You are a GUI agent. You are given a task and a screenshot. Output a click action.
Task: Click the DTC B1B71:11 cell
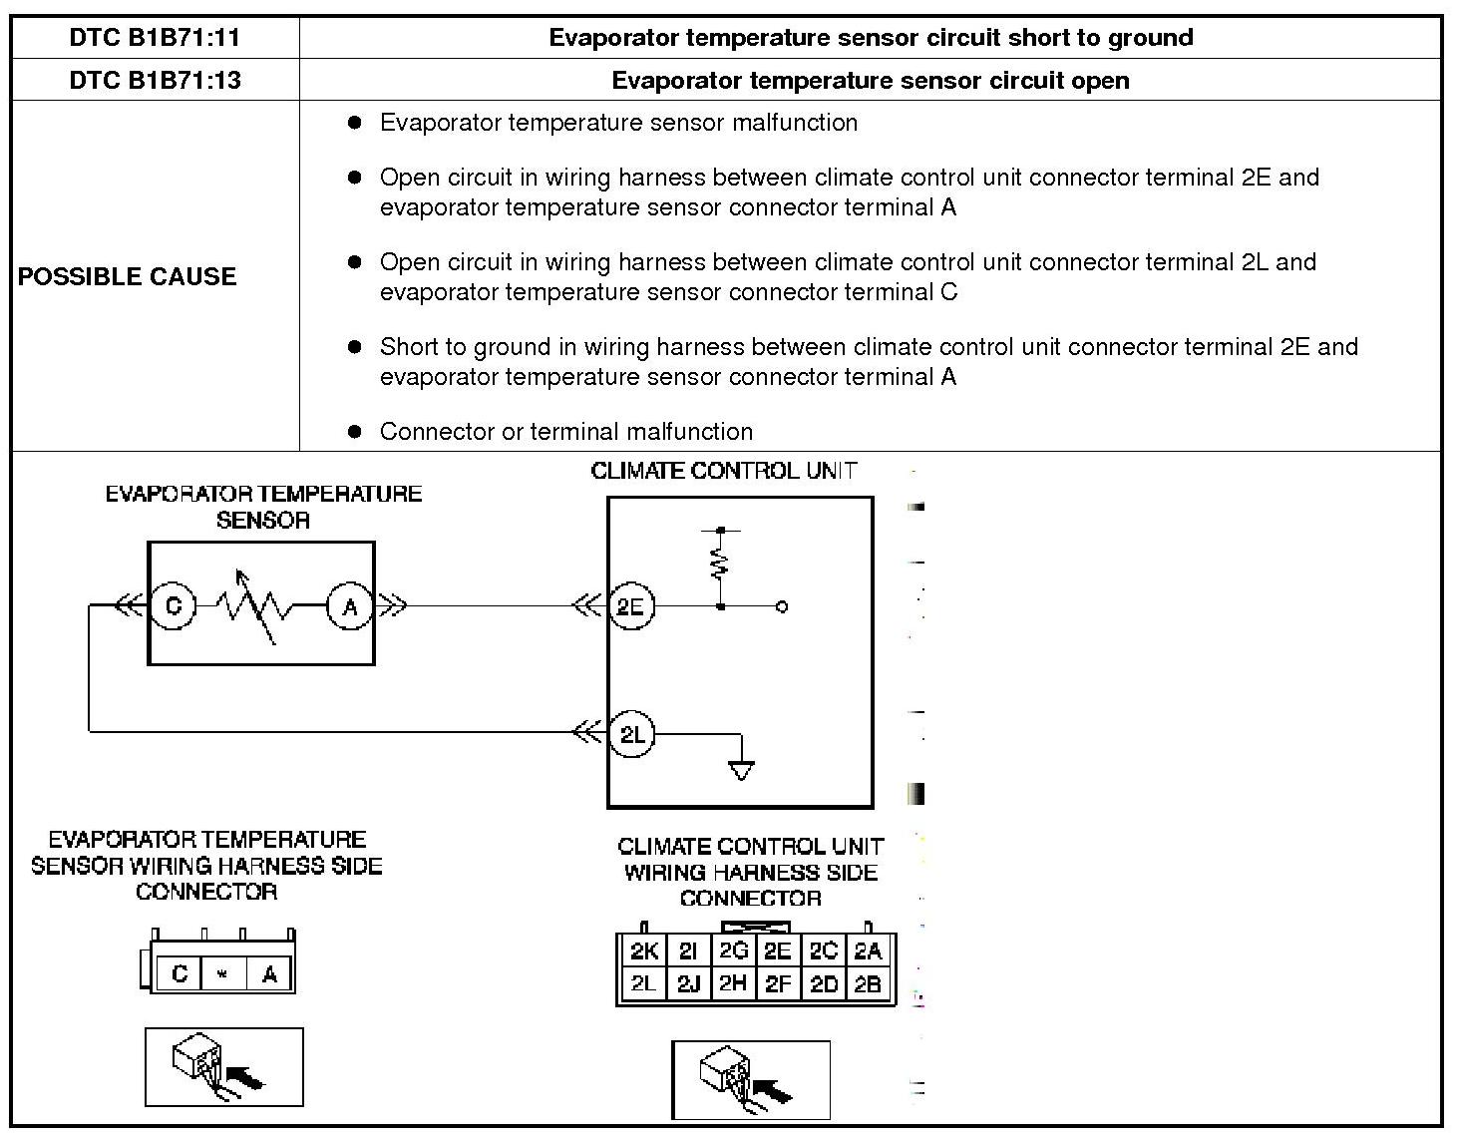click(155, 38)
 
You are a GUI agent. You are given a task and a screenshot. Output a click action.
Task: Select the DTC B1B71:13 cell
click(155, 80)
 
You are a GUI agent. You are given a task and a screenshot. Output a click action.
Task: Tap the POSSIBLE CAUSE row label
click(127, 276)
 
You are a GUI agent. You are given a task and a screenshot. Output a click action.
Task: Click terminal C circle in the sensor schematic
click(174, 605)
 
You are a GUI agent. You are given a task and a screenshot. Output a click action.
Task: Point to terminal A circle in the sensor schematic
click(350, 606)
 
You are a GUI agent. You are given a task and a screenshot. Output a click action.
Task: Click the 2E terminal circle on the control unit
click(630, 606)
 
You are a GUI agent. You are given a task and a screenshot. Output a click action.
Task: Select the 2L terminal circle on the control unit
click(631, 734)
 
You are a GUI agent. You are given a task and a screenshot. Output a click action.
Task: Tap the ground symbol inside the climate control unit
click(741, 770)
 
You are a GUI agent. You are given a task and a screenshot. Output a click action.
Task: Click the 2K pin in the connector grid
click(643, 950)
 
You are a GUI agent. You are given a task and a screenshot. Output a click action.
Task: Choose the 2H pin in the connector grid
click(733, 984)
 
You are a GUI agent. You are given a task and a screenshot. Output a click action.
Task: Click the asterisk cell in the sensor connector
click(222, 973)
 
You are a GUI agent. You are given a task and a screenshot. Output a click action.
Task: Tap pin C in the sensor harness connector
click(180, 973)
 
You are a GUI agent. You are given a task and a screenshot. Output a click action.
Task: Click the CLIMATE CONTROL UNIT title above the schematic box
click(723, 471)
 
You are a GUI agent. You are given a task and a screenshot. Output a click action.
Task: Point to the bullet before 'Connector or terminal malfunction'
click(355, 431)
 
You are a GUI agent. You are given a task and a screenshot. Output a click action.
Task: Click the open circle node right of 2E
click(782, 606)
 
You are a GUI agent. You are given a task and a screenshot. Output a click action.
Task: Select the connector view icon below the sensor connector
click(224, 1066)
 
